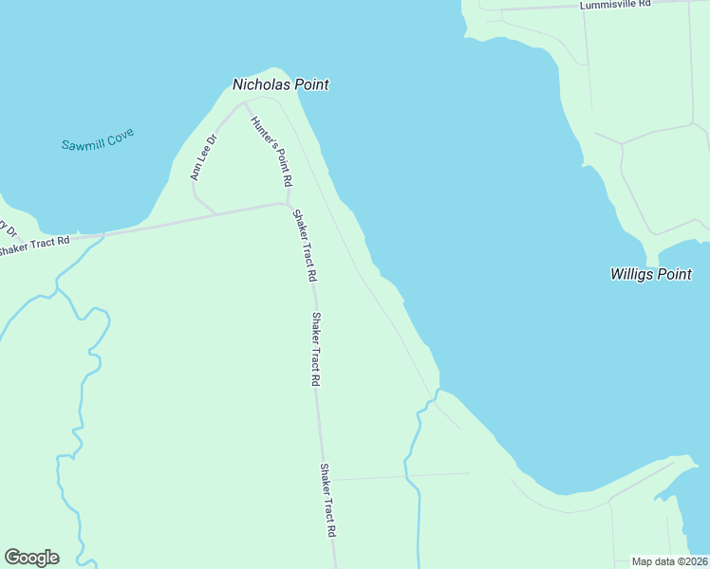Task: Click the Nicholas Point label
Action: [281, 84]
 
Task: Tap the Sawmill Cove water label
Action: [98, 139]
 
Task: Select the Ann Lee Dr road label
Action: [204, 157]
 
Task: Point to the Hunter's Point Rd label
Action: [271, 151]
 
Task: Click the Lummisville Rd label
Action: [616, 5]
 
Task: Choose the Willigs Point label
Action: [650, 274]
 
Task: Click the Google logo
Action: [31, 558]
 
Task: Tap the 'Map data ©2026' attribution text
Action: [669, 561]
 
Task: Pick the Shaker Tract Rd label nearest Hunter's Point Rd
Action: [304, 246]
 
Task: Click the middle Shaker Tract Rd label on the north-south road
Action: [316, 348]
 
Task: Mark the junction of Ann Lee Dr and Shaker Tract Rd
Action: [215, 212]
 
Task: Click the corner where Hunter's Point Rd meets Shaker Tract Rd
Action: [287, 203]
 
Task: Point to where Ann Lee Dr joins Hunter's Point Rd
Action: [245, 103]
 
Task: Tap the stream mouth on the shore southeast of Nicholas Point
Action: [438, 390]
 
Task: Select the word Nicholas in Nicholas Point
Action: [262, 84]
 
